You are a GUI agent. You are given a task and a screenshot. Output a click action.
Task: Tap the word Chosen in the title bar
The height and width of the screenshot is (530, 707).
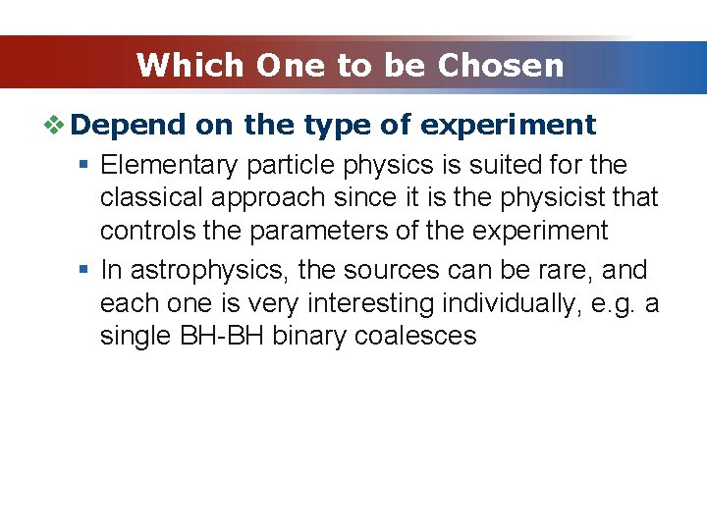501,66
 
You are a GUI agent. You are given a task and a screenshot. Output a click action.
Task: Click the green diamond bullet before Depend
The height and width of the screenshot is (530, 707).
57,125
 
